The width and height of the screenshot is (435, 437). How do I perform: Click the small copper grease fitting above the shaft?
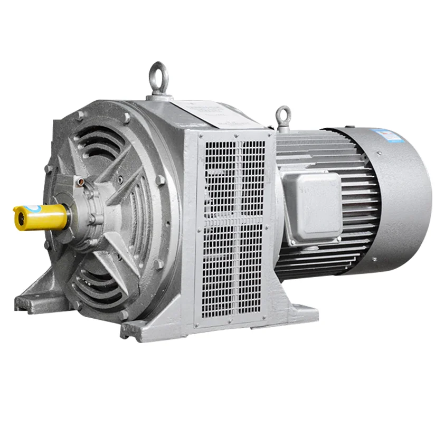point(80,181)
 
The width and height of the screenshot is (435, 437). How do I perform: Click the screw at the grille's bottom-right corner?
point(269,311)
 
